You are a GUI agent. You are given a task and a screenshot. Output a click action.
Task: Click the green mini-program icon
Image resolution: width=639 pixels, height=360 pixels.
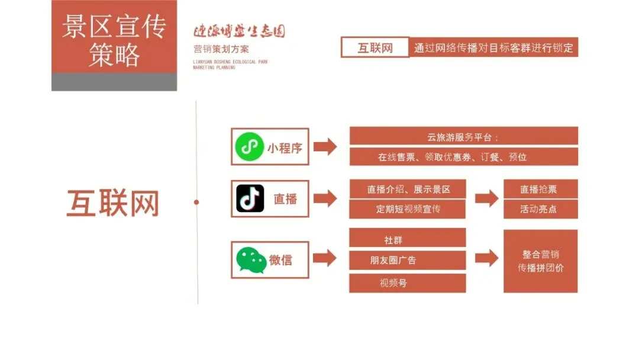249,147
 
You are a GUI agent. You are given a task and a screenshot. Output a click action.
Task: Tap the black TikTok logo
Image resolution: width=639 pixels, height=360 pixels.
250,198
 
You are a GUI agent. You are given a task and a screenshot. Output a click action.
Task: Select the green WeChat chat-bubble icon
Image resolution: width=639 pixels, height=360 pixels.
251,260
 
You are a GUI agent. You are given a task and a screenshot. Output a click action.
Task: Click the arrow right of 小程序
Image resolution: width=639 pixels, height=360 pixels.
325,147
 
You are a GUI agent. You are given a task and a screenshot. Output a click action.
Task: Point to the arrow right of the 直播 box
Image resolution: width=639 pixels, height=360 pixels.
325,199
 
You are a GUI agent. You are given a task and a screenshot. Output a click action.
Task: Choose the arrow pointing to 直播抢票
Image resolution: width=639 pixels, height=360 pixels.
486,199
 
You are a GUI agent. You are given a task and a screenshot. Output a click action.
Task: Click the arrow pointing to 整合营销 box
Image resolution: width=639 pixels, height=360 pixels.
486,258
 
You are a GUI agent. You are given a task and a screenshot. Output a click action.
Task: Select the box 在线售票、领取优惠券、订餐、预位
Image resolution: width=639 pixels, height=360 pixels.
463,157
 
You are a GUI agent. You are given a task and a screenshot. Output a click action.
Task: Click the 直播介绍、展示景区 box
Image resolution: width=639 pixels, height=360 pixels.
408,189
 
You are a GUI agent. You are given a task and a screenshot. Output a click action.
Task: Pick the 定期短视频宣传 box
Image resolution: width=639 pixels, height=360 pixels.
408,208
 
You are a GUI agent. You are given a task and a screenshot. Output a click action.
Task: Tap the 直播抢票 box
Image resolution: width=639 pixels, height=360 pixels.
540,189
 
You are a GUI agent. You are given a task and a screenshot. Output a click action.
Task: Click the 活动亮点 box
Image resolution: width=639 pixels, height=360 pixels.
540,208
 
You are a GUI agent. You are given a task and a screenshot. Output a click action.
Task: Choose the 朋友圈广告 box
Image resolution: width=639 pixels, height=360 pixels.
408,260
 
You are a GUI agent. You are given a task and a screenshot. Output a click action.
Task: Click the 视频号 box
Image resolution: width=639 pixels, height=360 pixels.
408,282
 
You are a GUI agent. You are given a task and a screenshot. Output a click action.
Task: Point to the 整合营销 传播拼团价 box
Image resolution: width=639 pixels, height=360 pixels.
540,261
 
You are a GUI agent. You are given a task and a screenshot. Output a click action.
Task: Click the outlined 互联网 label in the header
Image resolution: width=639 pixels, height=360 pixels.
375,47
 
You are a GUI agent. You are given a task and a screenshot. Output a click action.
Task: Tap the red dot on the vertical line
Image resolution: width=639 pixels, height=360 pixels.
196,202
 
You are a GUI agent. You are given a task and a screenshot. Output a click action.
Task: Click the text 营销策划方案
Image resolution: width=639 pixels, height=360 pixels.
221,49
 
